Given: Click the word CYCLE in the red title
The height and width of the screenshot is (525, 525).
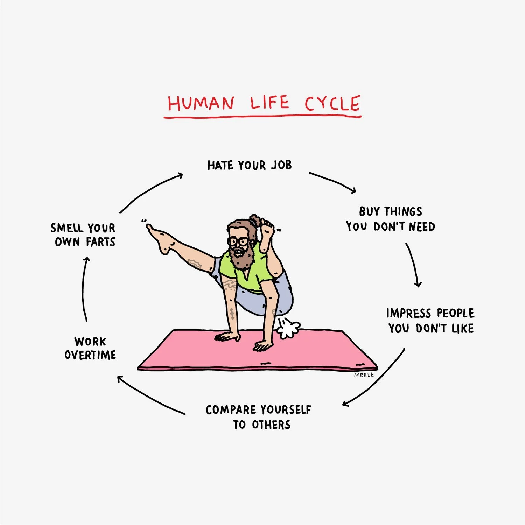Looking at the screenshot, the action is click(332, 104).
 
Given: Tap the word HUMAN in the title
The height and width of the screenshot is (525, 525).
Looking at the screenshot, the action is click(201, 104).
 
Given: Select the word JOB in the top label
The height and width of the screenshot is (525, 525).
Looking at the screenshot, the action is click(281, 165).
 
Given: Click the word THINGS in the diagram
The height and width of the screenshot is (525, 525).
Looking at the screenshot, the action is click(403, 211).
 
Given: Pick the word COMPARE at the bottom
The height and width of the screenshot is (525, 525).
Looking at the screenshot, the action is click(231, 410).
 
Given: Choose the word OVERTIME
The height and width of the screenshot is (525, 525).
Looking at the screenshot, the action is click(90, 355).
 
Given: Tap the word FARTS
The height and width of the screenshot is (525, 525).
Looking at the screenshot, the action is click(100, 242).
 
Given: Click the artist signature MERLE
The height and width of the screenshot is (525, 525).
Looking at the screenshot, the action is click(364, 375).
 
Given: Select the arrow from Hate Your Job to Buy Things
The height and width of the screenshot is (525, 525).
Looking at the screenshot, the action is click(332, 181).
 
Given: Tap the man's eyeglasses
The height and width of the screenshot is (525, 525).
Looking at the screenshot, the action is click(238, 241).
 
